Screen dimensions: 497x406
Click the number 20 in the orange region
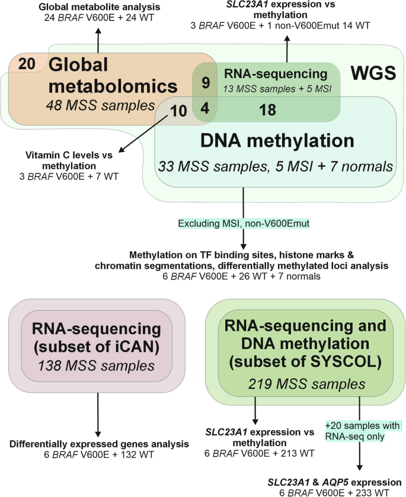[x=27, y=64]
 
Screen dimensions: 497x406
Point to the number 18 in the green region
[x=268, y=110]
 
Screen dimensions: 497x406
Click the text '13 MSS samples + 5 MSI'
[x=275, y=88]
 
